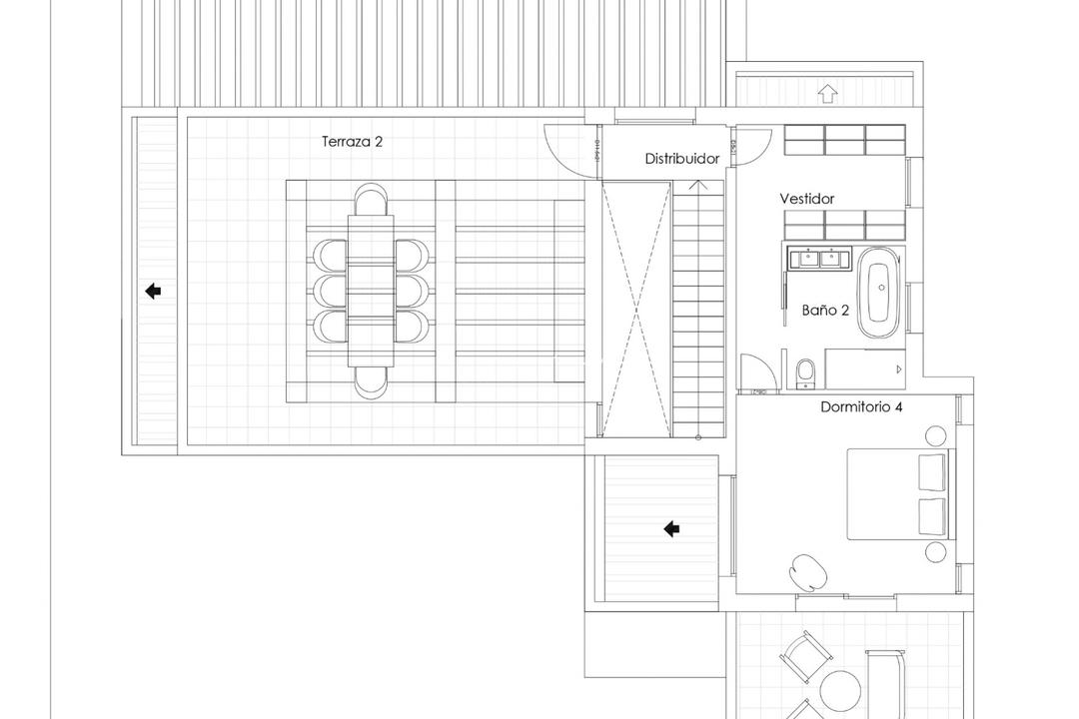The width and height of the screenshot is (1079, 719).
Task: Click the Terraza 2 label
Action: (352, 142)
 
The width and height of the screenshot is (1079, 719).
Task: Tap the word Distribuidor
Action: (681, 159)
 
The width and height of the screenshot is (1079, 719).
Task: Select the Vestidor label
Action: (806, 199)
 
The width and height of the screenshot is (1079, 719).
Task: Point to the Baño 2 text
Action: (825, 311)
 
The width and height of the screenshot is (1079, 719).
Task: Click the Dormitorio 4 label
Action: (861, 407)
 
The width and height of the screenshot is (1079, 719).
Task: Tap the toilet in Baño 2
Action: (805, 371)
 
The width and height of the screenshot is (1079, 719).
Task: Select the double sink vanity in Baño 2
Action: (818, 259)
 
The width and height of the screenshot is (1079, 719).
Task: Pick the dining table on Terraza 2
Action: (371, 290)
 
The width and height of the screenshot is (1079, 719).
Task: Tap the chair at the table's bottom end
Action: (371, 378)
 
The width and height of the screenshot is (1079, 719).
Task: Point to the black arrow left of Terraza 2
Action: (153, 292)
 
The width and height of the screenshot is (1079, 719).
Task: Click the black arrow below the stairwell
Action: (672, 529)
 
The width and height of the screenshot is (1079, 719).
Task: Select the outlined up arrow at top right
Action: (826, 94)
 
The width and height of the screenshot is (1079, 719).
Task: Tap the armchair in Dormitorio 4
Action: (807, 571)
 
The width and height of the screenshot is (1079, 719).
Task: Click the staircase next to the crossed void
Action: (697, 310)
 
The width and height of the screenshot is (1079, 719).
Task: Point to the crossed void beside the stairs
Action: (634, 310)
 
